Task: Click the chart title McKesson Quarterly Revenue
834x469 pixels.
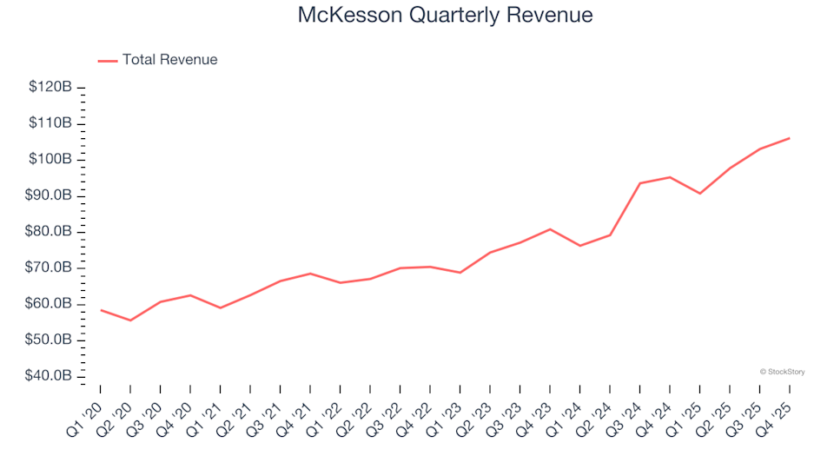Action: tap(445, 16)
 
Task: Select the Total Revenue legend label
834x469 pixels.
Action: tap(169, 60)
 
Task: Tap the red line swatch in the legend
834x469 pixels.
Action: tap(108, 61)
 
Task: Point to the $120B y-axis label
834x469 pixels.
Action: tap(50, 87)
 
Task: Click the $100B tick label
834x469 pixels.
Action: tap(50, 160)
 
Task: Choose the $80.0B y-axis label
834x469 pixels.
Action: tap(50, 232)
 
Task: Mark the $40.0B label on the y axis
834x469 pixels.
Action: tap(50, 376)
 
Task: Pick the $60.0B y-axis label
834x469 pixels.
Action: tap(50, 304)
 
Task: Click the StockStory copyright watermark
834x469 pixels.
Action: tap(782, 372)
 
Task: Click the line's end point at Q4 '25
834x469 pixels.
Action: tap(789, 138)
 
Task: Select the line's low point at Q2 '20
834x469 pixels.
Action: tap(130, 320)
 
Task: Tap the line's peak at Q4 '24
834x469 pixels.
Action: tap(669, 177)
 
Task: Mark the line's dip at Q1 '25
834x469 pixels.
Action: tap(699, 193)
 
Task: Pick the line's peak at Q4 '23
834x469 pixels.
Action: tap(549, 229)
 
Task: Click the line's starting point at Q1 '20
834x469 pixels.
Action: tap(100, 310)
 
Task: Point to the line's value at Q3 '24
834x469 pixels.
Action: tap(639, 183)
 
